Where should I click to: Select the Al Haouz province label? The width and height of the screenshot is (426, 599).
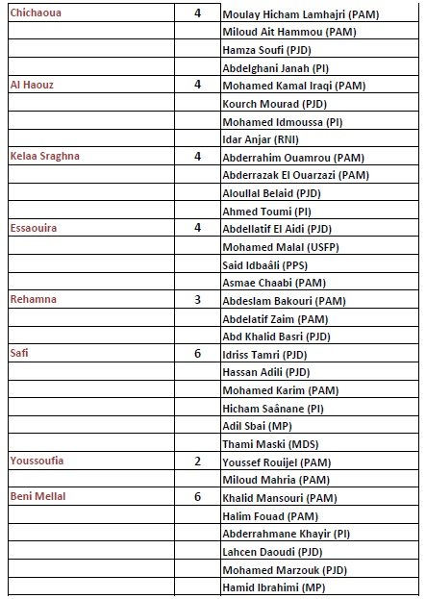pyautogui.click(x=31, y=85)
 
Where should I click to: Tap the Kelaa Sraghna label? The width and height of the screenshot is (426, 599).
pyautogui.click(x=43, y=156)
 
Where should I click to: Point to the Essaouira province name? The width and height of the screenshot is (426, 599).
pyautogui.click(x=34, y=228)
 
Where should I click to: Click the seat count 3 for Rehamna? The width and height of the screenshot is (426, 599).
pyautogui.click(x=197, y=299)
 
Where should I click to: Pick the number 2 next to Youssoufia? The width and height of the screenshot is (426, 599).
pyautogui.click(x=197, y=461)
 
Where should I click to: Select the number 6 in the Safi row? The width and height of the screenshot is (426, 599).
pyautogui.click(x=197, y=353)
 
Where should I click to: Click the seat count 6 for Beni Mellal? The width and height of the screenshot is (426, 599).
pyautogui.click(x=197, y=496)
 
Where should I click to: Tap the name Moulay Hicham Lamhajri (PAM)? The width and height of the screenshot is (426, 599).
pyautogui.click(x=300, y=16)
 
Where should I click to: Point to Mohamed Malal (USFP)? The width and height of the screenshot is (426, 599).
pyautogui.click(x=275, y=247)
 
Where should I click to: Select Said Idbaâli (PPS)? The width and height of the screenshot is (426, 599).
pyautogui.click(x=267, y=264)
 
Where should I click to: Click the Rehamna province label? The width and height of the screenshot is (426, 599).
pyautogui.click(x=34, y=299)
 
